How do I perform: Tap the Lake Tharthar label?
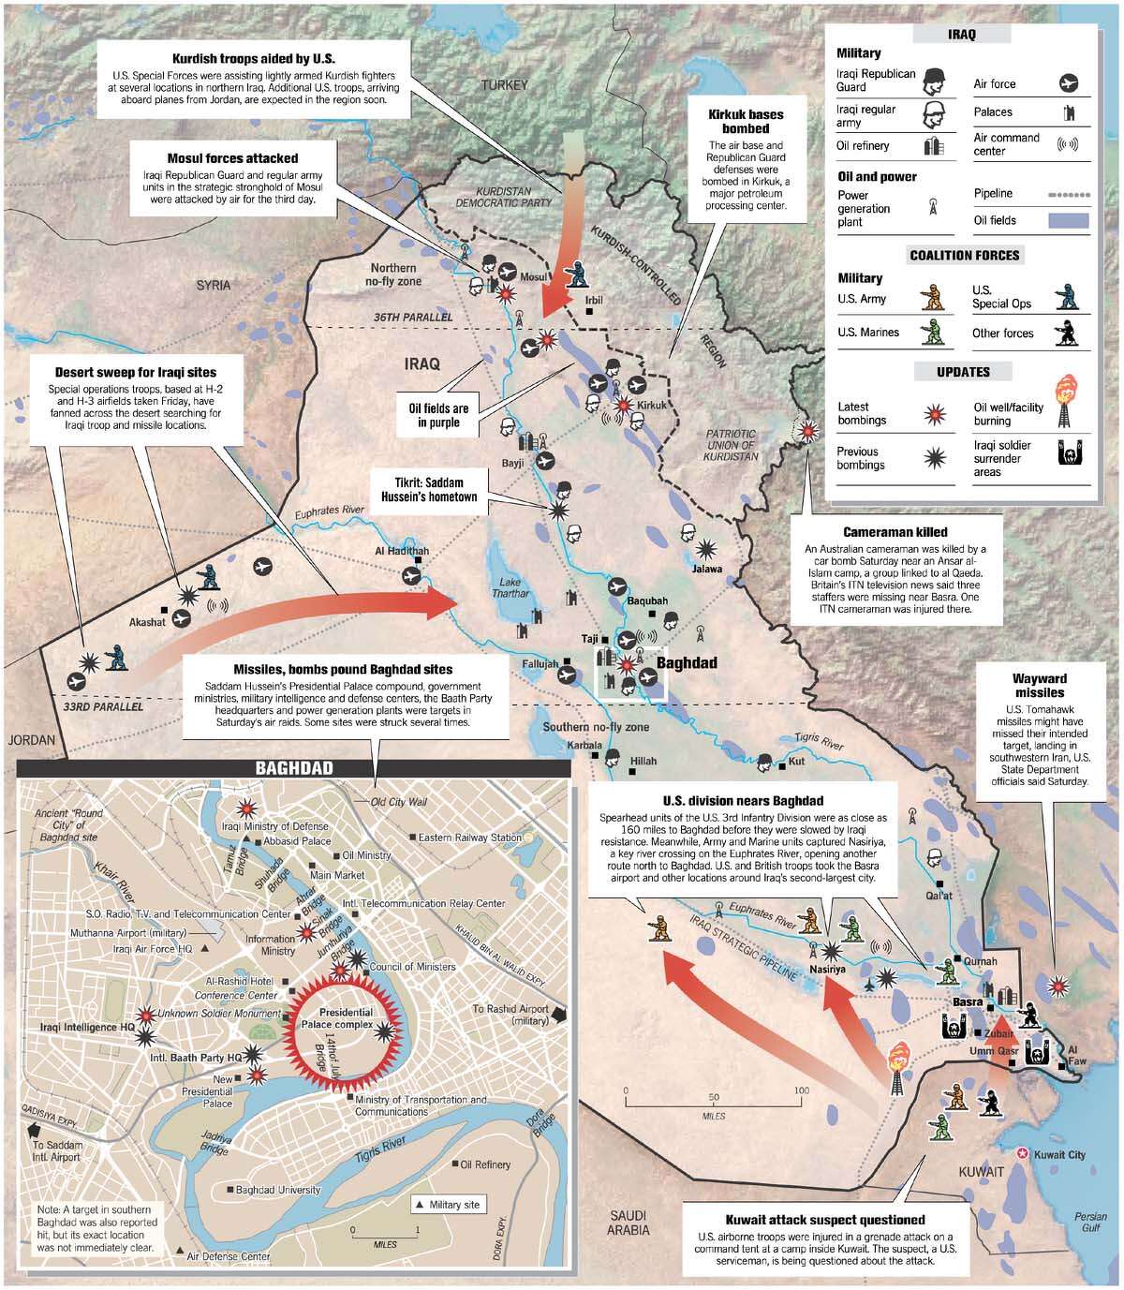click(x=510, y=587)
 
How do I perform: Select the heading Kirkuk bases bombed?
click(x=746, y=121)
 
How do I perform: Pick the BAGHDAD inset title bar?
click(x=294, y=768)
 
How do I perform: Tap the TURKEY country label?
click(x=506, y=84)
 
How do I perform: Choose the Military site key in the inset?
click(x=448, y=1204)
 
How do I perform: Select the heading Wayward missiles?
click(x=1039, y=685)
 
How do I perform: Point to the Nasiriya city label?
click(x=827, y=970)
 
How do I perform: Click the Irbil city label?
click(x=594, y=301)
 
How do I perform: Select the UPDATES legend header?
click(x=963, y=372)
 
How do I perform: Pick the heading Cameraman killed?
click(x=895, y=531)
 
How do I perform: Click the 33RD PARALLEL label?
click(x=103, y=707)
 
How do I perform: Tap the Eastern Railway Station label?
click(x=470, y=838)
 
